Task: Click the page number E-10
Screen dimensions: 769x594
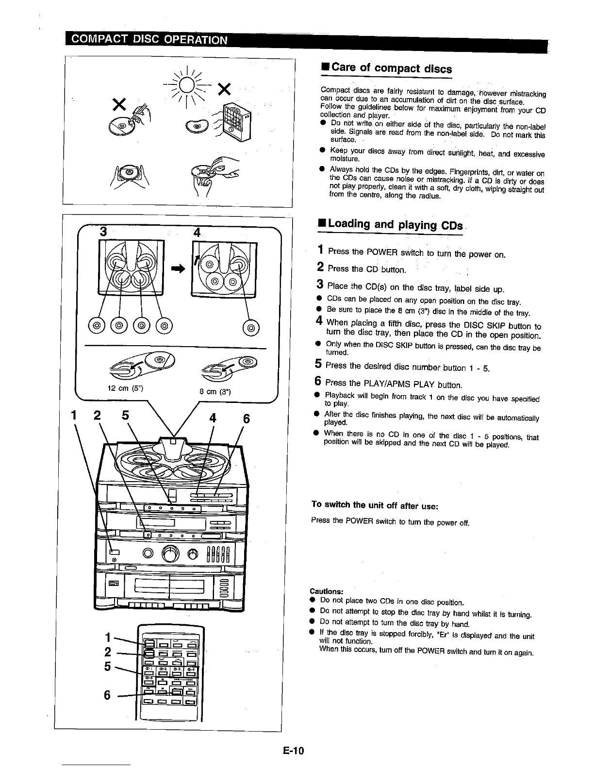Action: (x=293, y=751)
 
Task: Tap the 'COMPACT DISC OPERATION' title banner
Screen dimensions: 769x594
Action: (x=149, y=39)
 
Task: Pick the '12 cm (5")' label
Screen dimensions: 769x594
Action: (x=124, y=388)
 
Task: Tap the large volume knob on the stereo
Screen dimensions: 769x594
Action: (x=170, y=553)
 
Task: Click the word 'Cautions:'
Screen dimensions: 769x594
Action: (x=327, y=591)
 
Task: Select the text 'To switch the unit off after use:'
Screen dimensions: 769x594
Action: (x=375, y=505)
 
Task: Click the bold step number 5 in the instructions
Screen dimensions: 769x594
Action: (x=318, y=364)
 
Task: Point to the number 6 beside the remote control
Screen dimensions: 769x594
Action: (x=107, y=695)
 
